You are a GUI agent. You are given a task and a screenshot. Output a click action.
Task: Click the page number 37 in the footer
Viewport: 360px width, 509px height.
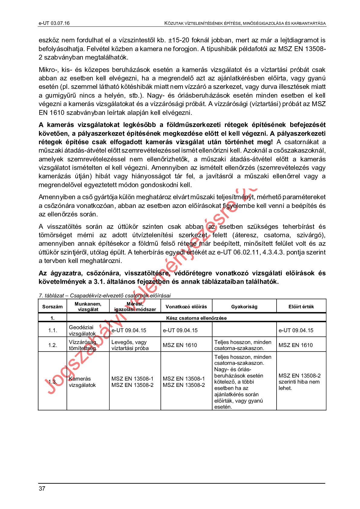pos(42,488)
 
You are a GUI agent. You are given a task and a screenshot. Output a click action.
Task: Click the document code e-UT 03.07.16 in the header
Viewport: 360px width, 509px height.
pos(54,23)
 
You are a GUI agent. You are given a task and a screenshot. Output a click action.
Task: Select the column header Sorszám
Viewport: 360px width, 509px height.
pos(52,306)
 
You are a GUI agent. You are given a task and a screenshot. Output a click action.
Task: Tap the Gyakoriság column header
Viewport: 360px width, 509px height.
pos(244,306)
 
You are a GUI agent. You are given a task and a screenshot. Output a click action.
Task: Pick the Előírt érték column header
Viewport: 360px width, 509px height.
pos(301,306)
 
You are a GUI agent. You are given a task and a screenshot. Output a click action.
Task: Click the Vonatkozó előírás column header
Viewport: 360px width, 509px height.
pos(186,306)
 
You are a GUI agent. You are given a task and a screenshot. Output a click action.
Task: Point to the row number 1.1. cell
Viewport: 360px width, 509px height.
pos(53,330)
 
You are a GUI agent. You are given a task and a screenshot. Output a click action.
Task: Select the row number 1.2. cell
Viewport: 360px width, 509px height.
pos(53,345)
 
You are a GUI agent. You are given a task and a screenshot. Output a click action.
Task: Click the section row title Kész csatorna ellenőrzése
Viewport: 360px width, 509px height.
pos(196,318)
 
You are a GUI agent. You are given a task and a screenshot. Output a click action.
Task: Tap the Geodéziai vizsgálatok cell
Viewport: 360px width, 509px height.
pos(82,330)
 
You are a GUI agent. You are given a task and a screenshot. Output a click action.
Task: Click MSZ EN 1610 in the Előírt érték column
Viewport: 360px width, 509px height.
pos(296,345)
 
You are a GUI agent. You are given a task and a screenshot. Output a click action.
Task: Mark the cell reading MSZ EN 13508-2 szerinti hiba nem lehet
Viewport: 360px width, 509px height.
pos(300,382)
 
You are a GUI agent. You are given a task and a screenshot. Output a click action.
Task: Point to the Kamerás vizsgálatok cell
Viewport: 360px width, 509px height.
pos(82,382)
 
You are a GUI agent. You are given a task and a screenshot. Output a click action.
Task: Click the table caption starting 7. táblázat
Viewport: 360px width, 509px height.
pos(105,295)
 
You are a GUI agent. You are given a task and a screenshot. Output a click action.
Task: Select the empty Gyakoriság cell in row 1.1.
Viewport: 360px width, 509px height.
pos(244,330)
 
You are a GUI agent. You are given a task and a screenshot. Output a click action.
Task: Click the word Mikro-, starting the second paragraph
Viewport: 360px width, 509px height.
pos(48,70)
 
